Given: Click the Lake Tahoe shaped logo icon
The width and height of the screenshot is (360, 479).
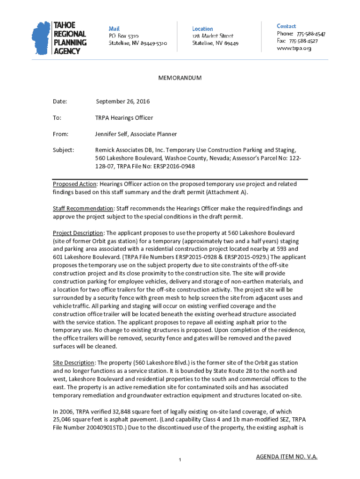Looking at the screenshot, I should point(41,38).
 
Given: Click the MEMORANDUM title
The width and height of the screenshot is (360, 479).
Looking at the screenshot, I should point(180,78).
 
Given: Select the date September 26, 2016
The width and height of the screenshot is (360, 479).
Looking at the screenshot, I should point(122,102).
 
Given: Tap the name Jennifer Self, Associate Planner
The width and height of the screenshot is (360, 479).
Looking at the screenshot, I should point(136,134).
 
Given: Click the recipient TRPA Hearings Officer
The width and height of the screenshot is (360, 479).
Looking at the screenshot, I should point(124,118).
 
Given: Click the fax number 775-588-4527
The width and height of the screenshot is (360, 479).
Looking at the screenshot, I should point(304,41).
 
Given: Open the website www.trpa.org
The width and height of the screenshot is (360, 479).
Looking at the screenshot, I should point(294,48).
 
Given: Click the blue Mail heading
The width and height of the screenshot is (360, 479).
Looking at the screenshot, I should point(114,29).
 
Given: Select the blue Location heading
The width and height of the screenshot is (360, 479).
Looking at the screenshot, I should point(202,29).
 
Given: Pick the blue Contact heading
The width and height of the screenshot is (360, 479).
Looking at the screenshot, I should point(286,26).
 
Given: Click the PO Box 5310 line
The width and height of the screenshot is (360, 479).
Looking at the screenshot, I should point(123,36).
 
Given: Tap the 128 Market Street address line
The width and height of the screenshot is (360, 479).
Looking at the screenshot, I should point(213,36).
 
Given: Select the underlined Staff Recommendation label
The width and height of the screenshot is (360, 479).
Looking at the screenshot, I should point(83,209).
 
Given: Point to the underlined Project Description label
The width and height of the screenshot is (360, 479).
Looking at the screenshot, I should point(78,233).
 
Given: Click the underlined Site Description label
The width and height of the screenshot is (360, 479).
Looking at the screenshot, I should point(73,363).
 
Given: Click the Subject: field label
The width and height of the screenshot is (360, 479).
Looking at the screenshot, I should point(63,150).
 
